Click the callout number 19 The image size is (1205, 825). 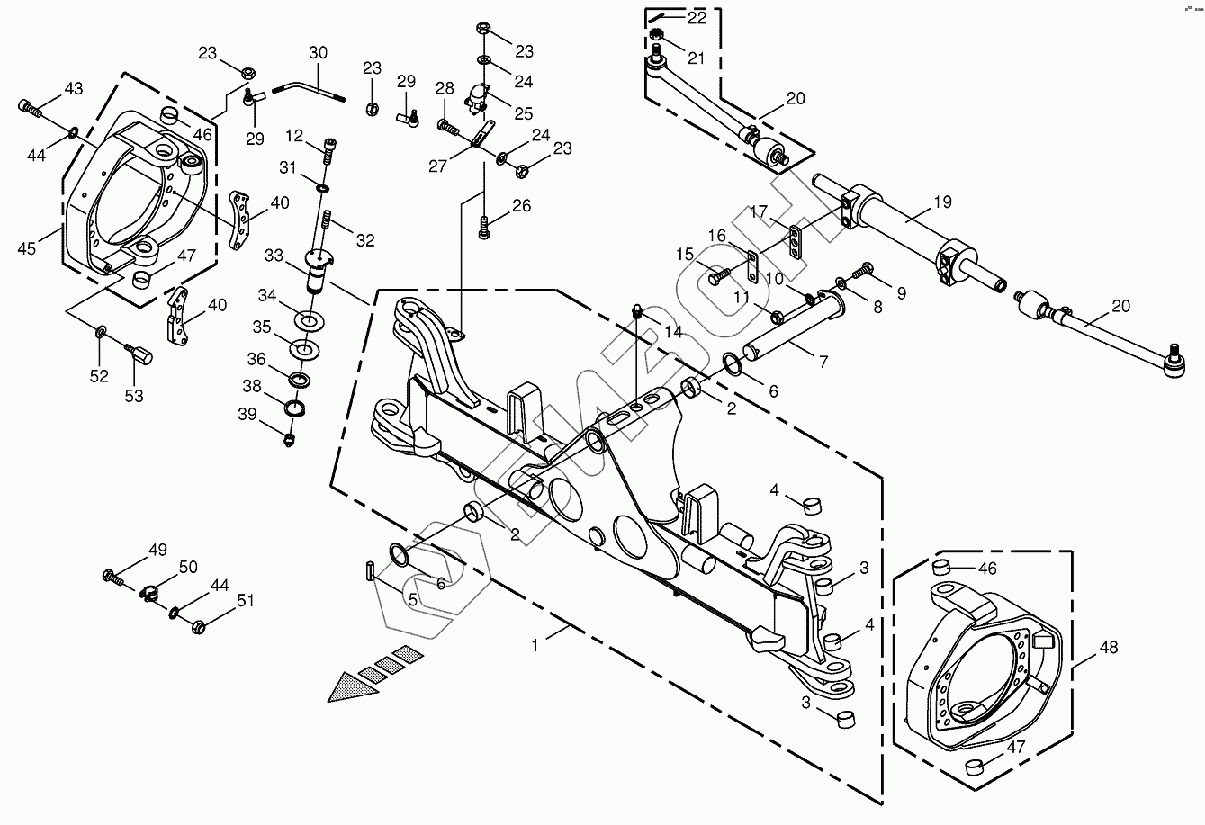[941, 202]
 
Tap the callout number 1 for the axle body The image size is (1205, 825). [535, 645]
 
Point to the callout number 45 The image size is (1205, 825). [27, 248]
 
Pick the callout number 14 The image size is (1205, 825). [672, 331]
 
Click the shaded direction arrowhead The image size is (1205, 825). [354, 687]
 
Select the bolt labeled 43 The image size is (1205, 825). [29, 108]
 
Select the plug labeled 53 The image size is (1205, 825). [140, 356]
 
